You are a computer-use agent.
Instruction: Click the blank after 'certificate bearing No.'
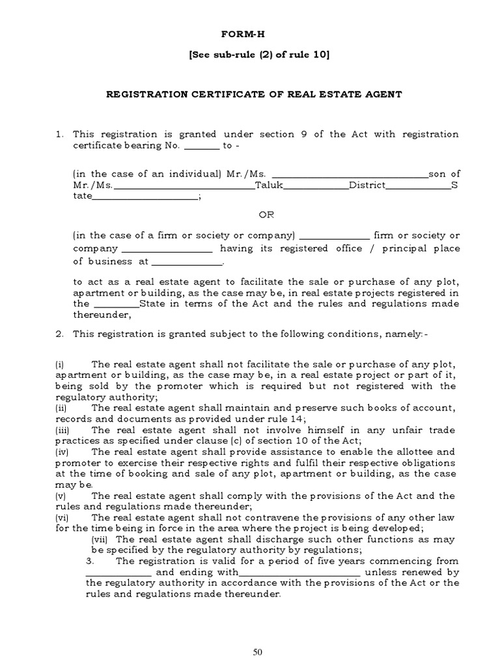(202, 146)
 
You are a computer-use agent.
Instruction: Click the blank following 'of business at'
(187, 262)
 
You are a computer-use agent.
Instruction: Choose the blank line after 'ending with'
(299, 573)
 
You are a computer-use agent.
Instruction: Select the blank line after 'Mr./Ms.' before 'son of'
(349, 174)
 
